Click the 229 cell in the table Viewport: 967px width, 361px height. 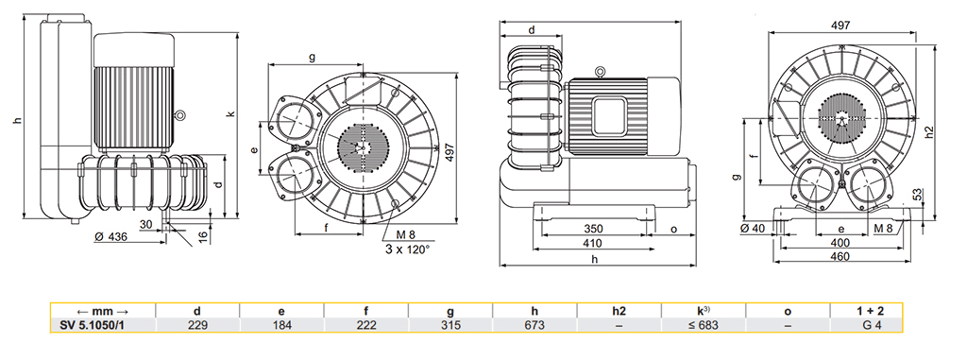click(197, 325)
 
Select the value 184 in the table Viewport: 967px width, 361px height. click(281, 325)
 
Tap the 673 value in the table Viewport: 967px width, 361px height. click(534, 325)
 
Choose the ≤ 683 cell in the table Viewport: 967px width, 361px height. click(704, 325)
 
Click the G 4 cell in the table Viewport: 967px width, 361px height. click(872, 325)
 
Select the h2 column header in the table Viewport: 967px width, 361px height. click(619, 312)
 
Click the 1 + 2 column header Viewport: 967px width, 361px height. click(872, 312)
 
